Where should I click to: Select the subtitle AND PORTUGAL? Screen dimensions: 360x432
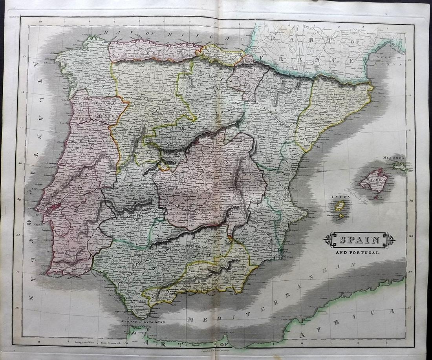[357, 253]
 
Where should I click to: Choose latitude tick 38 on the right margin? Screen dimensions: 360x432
[411, 236]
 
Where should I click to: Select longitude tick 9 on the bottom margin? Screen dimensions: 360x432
[38, 342]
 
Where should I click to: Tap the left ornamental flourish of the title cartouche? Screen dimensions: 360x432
[328, 240]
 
